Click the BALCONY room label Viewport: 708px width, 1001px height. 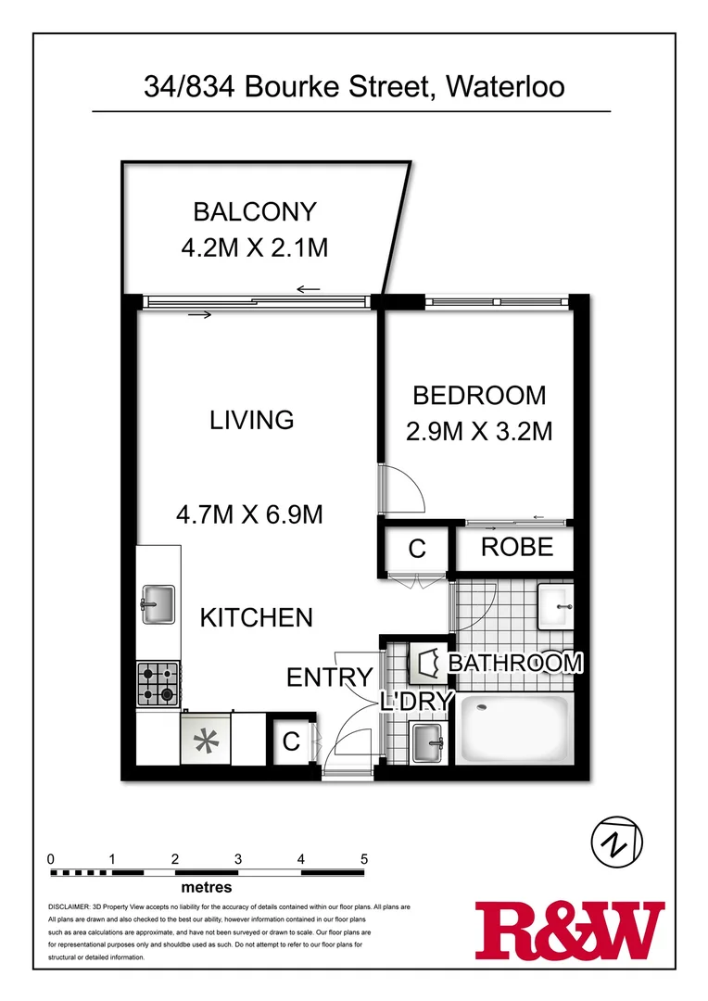(254, 211)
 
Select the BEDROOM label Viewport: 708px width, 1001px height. (478, 396)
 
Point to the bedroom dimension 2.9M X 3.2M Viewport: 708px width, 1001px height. (478, 431)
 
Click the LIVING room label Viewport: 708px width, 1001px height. (251, 420)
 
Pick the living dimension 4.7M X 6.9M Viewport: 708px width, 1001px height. (251, 513)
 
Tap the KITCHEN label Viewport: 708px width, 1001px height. (257, 617)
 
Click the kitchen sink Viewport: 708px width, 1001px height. (157, 604)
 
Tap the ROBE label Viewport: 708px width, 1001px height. (516, 547)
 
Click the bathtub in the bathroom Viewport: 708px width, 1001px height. (517, 730)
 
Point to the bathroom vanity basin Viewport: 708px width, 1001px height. (557, 604)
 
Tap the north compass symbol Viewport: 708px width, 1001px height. (616, 843)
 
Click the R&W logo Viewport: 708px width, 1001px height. (569, 931)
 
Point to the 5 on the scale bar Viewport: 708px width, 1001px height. (364, 858)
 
